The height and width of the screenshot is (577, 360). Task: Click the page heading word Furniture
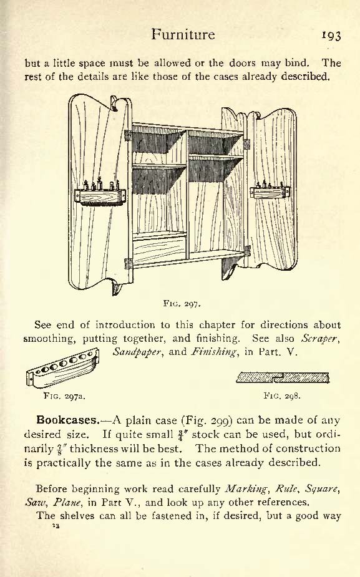click(183, 34)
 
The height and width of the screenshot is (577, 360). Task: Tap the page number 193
click(331, 36)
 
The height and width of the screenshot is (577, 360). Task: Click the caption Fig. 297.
click(182, 304)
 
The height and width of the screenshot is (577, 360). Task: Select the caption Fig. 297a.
click(64, 396)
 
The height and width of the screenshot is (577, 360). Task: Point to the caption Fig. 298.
click(282, 396)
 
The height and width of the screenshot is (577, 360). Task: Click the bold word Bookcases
click(68, 420)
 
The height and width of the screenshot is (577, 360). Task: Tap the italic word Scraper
click(319, 338)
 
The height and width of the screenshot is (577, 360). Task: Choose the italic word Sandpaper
click(137, 352)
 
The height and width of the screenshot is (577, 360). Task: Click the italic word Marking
click(246, 489)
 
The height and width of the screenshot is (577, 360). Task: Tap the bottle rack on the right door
click(270, 190)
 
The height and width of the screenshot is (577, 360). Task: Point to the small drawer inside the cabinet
click(159, 250)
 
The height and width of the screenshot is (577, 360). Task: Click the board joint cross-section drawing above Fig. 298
click(283, 377)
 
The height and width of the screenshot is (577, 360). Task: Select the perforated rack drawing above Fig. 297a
click(62, 368)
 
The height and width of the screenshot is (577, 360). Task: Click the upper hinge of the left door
click(128, 135)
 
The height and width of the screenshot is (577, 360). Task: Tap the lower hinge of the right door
click(247, 251)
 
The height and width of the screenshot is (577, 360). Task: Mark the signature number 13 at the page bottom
click(56, 526)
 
